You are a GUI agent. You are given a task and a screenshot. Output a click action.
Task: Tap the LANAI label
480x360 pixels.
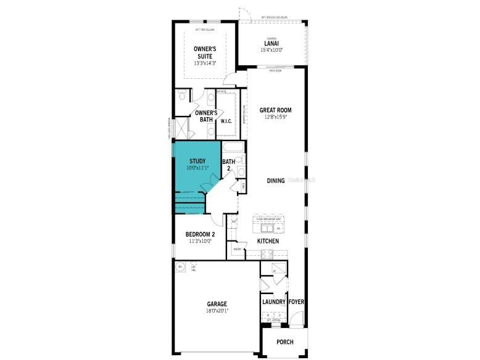tap(272, 43)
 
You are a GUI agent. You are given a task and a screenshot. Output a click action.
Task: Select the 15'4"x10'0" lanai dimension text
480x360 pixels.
tap(272, 50)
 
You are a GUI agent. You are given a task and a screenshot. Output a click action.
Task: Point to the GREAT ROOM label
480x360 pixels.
tap(275, 110)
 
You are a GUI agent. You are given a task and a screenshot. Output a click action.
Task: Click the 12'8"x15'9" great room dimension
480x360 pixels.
tap(275, 117)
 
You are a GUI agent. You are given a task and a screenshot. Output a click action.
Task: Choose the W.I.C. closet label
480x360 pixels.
tap(226, 121)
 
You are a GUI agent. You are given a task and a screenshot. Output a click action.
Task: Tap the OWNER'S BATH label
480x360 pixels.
tap(205, 116)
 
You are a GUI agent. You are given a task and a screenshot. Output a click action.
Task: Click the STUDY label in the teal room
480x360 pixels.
tap(197, 162)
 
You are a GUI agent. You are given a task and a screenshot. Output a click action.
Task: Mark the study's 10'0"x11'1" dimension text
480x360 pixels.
tap(197, 168)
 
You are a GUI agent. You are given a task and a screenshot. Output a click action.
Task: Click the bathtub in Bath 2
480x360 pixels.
tap(233, 148)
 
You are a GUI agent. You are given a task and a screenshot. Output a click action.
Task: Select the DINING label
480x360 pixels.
tap(276, 181)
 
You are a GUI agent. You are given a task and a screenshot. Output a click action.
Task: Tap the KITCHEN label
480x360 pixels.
tap(268, 241)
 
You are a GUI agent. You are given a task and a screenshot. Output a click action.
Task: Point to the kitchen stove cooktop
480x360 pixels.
tap(267, 253)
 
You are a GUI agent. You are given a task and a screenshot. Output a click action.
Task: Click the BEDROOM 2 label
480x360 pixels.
tap(200, 234)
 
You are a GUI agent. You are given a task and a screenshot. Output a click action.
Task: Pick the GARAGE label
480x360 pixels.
tap(217, 304)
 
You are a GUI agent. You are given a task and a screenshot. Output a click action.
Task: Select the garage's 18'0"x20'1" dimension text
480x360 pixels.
tap(217, 311)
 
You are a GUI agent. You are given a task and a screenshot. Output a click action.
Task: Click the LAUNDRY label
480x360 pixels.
tap(273, 302)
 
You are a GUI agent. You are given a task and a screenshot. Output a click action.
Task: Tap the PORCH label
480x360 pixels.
tap(284, 342)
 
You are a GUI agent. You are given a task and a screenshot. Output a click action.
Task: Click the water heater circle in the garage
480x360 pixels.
tap(181, 266)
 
